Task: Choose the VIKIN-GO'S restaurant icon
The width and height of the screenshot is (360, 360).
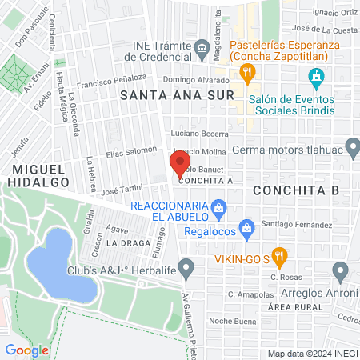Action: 279,257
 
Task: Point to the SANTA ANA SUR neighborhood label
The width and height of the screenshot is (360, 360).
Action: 177,95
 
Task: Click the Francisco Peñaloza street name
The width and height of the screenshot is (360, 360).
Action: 112,80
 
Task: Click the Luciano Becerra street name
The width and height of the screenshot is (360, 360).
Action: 200,134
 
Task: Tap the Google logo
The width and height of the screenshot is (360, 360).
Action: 27,350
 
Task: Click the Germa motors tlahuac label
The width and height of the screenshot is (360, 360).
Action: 296,150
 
